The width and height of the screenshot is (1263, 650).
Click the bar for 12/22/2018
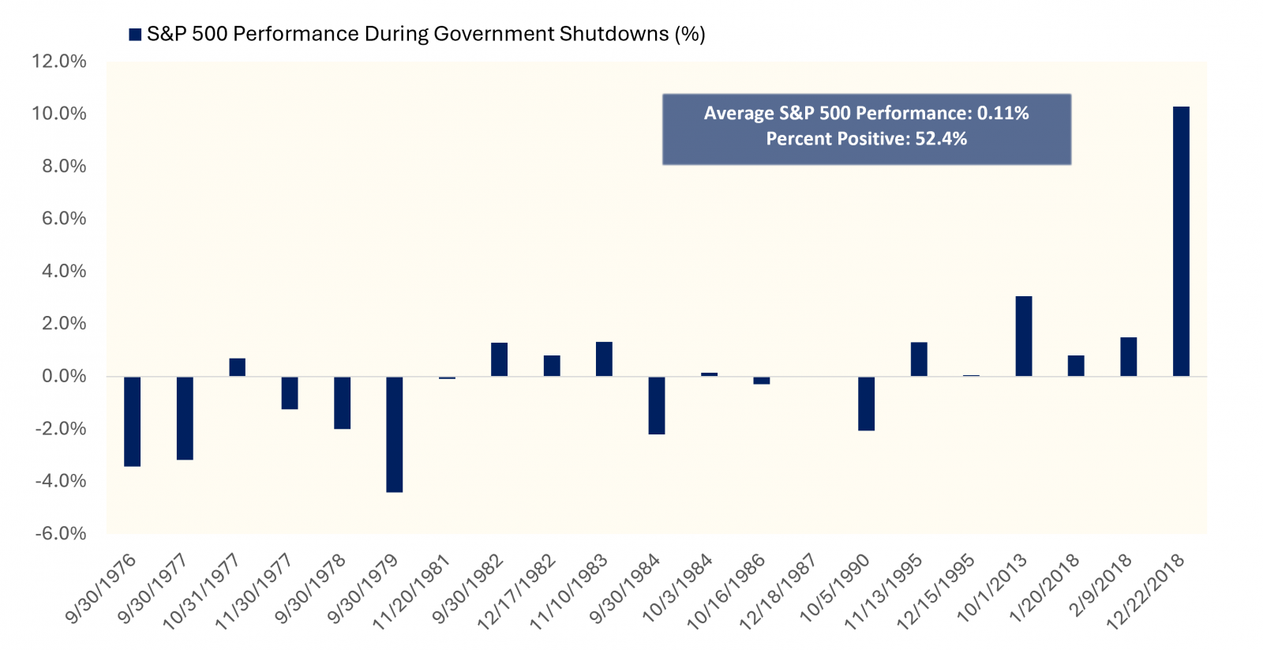point(1181,241)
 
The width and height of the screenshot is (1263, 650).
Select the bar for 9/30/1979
point(395,434)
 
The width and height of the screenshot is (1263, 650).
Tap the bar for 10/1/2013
point(1024,336)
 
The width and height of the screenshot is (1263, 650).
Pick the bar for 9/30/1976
point(133,421)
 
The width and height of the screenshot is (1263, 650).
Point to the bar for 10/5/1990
point(867,403)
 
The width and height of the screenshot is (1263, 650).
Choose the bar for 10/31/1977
point(238,367)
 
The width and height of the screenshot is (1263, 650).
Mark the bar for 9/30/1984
point(657,405)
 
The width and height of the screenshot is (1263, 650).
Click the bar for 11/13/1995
point(919,359)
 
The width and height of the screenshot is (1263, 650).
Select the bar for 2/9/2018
point(1129,356)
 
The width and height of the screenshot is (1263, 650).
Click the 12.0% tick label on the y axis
point(59,62)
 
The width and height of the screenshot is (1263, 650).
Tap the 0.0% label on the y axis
point(64,376)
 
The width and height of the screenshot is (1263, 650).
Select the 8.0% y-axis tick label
point(64,166)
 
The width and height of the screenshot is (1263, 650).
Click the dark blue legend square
point(135,34)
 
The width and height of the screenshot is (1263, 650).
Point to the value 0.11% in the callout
point(1003,113)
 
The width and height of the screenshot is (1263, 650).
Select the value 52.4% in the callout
point(941,139)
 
